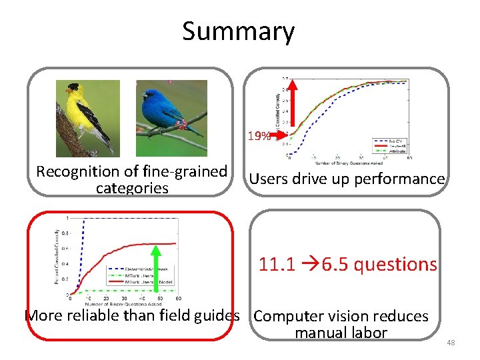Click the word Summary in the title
pyautogui.click(x=238, y=31)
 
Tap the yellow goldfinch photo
pyautogui.click(x=87, y=119)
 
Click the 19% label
pyautogui.click(x=259, y=137)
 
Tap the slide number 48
pyautogui.click(x=451, y=343)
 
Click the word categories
pyautogui.click(x=132, y=189)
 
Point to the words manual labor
pyautogui.click(x=341, y=333)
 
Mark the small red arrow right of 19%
pyautogui.click(x=281, y=135)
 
